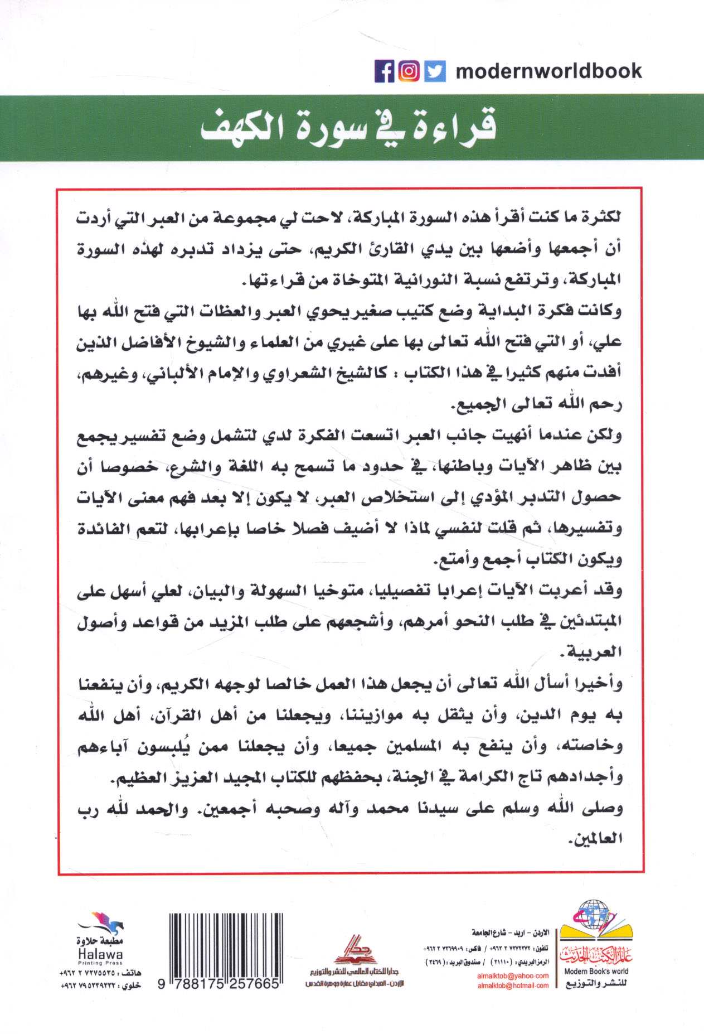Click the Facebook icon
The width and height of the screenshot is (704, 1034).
coord(384,71)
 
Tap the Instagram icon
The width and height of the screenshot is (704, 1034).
coord(409,71)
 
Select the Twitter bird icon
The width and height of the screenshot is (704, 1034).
coord(435,71)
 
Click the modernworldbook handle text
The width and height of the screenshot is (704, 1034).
coord(548,71)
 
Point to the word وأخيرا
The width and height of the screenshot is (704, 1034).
coord(598,683)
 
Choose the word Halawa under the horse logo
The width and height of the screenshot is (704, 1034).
coord(100,954)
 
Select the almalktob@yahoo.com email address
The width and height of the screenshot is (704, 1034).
coord(513,976)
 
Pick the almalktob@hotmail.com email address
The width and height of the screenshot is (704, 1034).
coord(513,985)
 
